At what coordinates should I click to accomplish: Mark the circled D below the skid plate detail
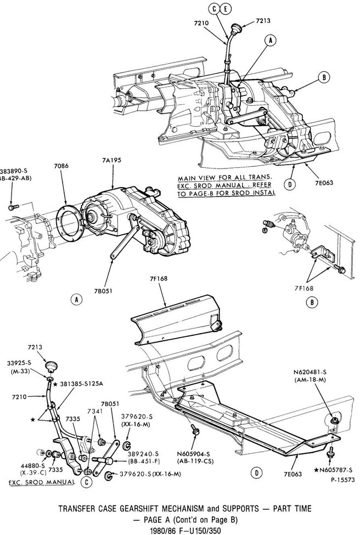pyautogui.click(x=255, y=472)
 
